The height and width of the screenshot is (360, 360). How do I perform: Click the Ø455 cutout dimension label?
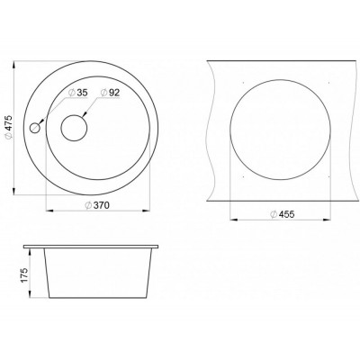tap(282, 215)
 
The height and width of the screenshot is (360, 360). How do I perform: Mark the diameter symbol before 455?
tap(271, 215)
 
